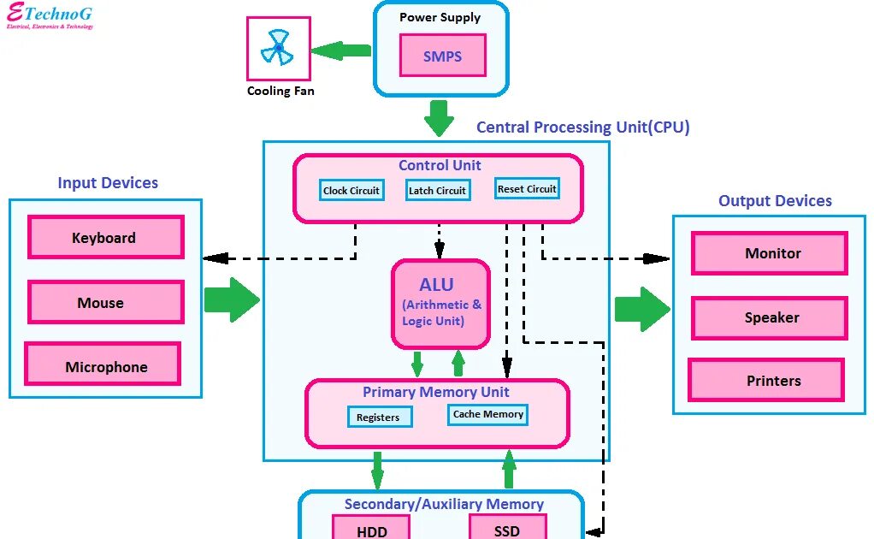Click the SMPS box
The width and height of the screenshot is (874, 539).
tap(443, 55)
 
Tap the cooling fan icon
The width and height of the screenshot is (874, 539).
tap(277, 48)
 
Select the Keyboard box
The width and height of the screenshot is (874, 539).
tap(106, 238)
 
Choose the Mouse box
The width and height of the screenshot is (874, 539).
tap(106, 302)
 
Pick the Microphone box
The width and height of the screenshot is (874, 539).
tap(103, 364)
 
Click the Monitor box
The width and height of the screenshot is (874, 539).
tap(769, 253)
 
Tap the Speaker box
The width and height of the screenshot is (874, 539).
tap(769, 318)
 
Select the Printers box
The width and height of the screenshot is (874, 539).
tap(766, 380)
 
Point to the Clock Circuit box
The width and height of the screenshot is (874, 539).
tap(351, 190)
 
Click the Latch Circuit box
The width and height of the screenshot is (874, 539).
tap(438, 190)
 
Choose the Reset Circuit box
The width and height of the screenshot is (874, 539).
tap(527, 188)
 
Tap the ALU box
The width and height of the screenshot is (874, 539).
tap(440, 305)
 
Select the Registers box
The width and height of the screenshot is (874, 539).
tap(380, 417)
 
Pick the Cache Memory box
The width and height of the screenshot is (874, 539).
tap(487, 414)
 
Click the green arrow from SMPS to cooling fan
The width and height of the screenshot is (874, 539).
tap(340, 50)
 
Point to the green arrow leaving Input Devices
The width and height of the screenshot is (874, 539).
tap(232, 299)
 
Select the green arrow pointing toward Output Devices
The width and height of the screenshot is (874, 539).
tap(642, 309)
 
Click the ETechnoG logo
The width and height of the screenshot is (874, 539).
tap(50, 15)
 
